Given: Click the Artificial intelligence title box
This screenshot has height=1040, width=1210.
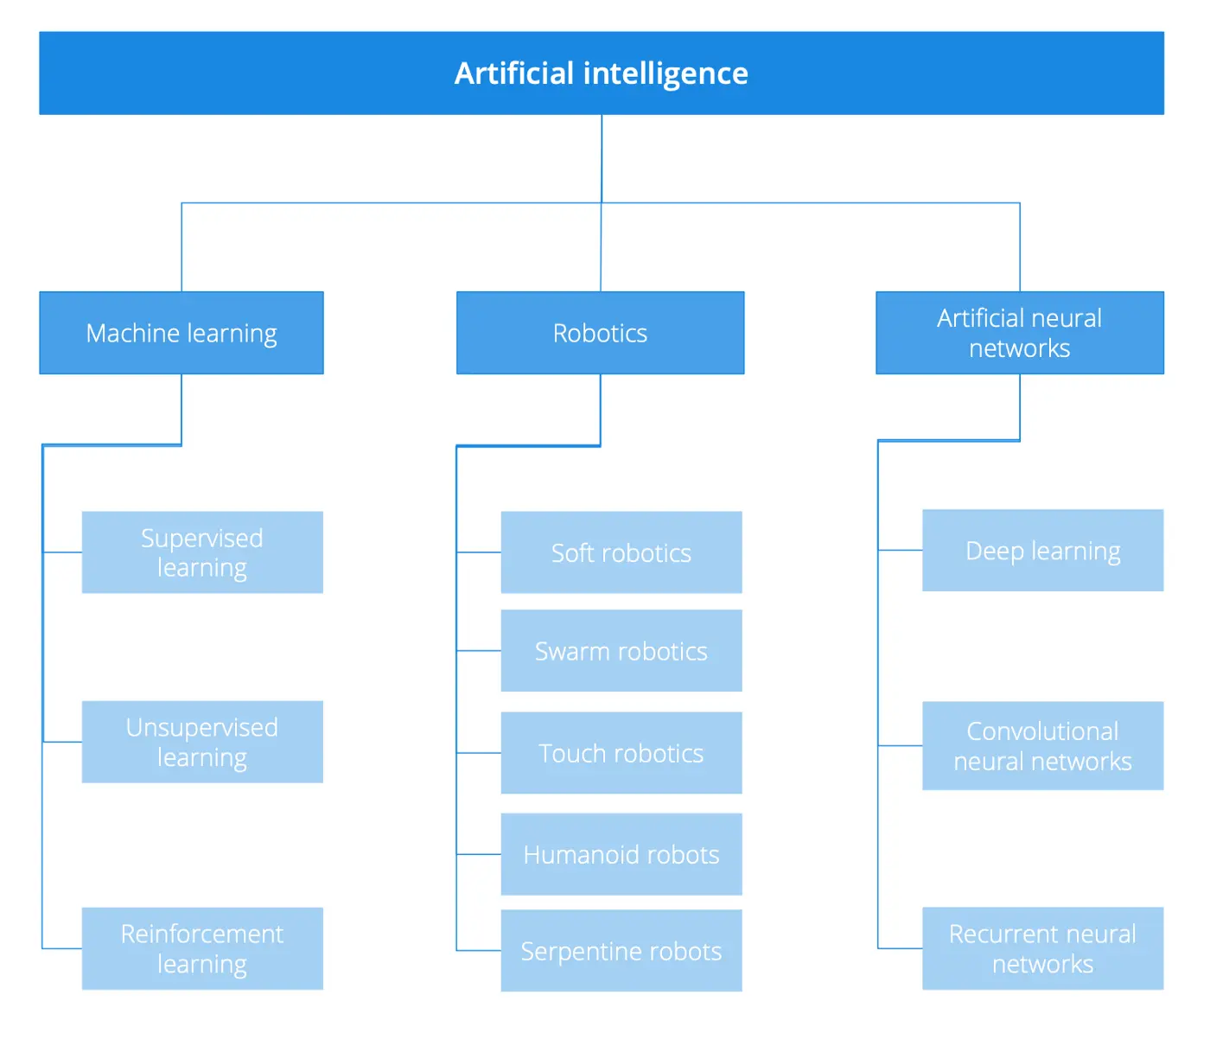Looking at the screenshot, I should click(x=602, y=73).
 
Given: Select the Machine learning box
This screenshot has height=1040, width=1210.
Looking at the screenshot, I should click(x=181, y=333).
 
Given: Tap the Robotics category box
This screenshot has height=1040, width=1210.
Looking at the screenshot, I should click(x=600, y=333).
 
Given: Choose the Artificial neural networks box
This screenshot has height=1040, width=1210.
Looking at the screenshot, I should click(x=1020, y=333).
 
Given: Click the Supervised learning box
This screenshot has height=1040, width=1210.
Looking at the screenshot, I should click(x=202, y=552).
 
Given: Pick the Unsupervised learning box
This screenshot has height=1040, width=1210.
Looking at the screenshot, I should click(x=202, y=742).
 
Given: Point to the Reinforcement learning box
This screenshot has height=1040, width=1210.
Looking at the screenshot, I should click(x=202, y=948).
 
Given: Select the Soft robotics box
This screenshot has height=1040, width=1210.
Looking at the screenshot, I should click(x=621, y=552).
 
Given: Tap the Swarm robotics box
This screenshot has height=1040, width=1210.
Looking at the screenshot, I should click(x=621, y=651).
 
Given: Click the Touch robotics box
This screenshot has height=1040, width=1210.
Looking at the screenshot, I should click(x=621, y=753).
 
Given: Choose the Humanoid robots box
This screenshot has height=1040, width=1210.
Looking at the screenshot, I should click(x=621, y=854).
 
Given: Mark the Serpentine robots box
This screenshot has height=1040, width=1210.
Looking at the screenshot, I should click(x=621, y=951).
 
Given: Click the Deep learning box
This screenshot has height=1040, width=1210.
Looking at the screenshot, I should click(x=1043, y=551).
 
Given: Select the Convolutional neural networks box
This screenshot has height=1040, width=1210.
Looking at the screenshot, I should click(x=1043, y=745).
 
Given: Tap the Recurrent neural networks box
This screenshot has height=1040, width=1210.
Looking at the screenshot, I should click(x=1043, y=948).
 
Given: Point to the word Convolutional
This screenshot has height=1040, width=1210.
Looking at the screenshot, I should click(x=1042, y=731).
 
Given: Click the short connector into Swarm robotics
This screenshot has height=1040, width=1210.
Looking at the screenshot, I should click(x=479, y=651).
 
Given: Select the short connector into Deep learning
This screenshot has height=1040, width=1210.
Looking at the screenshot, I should click(x=901, y=550).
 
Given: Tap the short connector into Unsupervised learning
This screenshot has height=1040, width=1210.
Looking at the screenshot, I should click(x=62, y=742).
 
